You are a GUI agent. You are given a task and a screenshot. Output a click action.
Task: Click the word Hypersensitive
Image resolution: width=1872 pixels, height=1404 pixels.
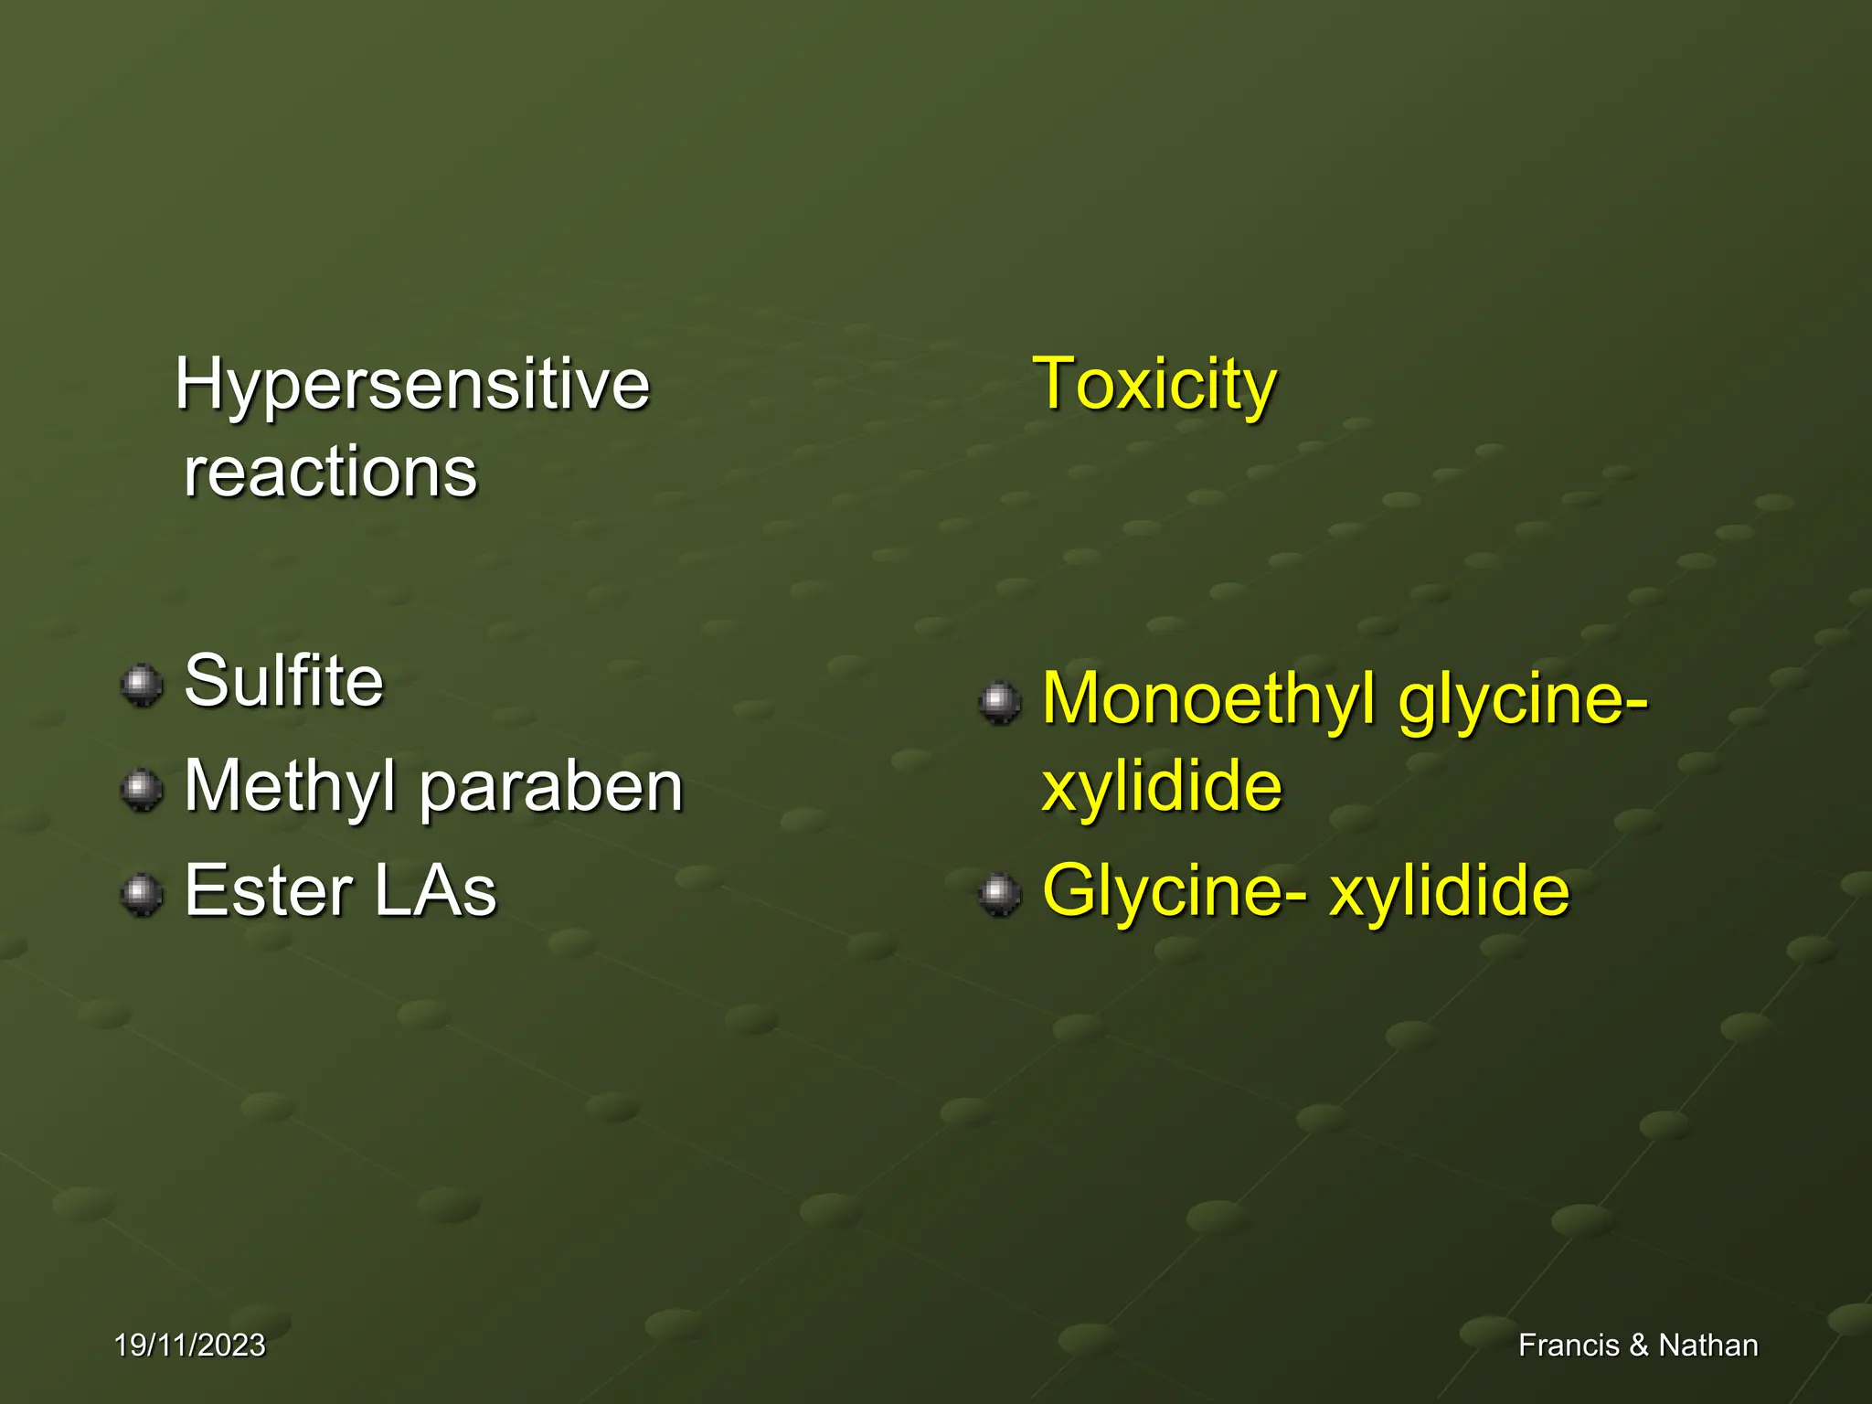(411, 384)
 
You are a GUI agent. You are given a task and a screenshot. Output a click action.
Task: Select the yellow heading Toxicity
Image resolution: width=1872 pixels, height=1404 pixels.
(1154, 384)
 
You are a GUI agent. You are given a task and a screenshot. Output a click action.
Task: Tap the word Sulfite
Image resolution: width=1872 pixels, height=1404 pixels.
(283, 681)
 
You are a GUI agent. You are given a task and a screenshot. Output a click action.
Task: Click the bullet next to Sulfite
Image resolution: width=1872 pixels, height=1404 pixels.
(142, 685)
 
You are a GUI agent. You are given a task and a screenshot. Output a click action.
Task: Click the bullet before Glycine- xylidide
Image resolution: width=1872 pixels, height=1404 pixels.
(999, 894)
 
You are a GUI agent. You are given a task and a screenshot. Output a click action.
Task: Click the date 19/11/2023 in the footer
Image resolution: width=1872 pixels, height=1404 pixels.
(189, 1345)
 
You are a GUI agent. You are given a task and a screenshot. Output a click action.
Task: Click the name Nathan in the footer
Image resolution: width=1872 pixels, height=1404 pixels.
(1707, 1345)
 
